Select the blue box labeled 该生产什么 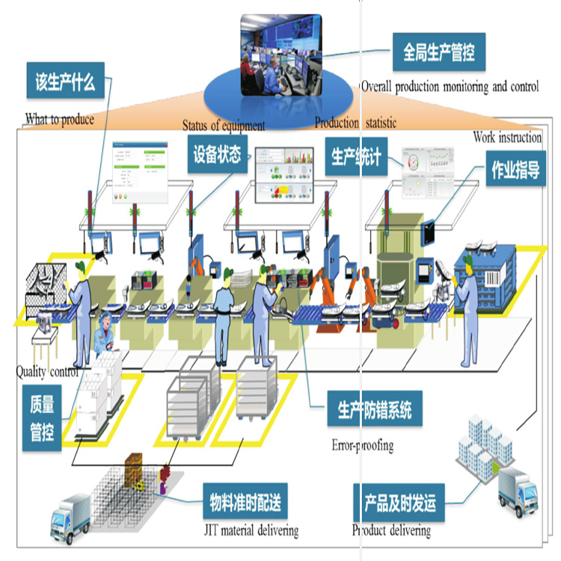pos(65,82)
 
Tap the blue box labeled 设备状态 pos(217,155)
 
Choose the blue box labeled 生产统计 pos(357,156)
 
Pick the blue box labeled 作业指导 pos(515,171)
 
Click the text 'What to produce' pos(60,119)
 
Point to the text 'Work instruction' pos(507,138)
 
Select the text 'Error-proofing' pos(362,445)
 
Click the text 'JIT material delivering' pos(250,530)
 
